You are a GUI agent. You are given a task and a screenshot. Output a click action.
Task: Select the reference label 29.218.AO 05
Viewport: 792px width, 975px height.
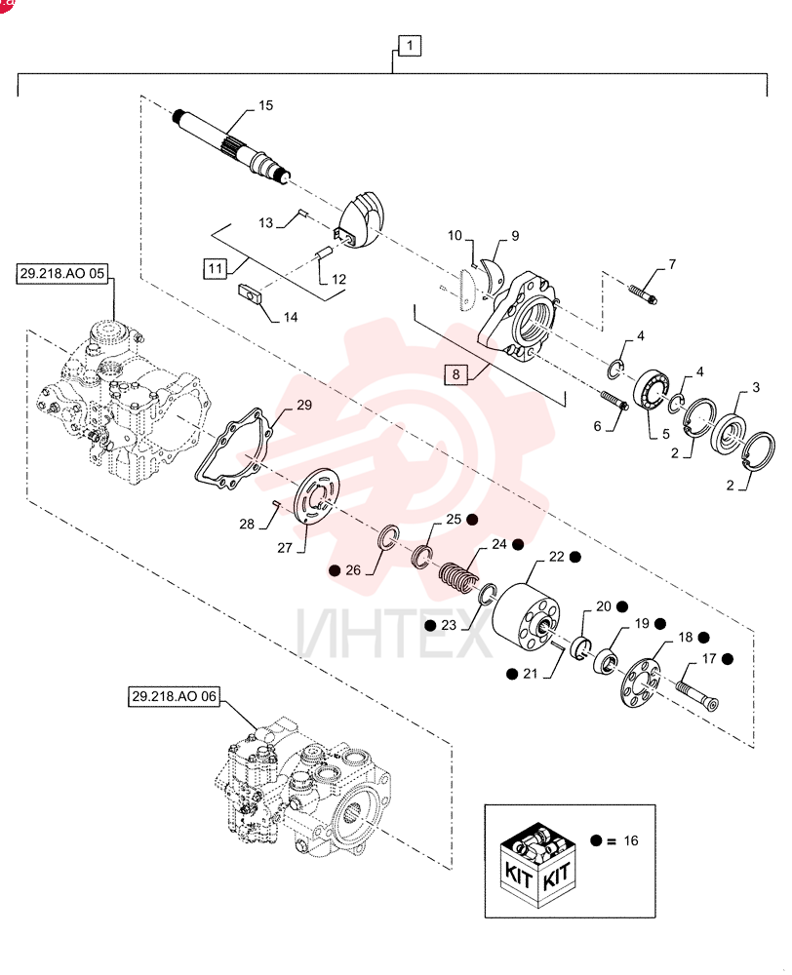(x=61, y=274)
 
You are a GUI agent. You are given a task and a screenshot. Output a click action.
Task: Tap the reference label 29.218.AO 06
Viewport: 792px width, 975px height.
(x=174, y=696)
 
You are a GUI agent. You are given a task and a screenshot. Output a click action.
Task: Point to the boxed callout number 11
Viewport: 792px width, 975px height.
(x=215, y=269)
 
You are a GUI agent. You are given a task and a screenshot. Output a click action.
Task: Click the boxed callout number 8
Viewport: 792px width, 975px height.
(x=456, y=374)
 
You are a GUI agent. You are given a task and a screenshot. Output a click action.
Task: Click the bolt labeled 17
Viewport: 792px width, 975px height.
(x=696, y=694)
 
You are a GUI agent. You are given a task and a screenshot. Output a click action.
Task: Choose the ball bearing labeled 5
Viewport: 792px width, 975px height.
(x=652, y=389)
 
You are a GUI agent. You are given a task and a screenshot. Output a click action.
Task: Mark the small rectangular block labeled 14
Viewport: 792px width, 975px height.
(x=252, y=293)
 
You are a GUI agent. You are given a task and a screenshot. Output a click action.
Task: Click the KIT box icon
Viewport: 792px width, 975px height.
(x=536, y=862)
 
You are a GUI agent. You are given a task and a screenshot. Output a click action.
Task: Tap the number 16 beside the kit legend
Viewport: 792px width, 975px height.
(x=631, y=840)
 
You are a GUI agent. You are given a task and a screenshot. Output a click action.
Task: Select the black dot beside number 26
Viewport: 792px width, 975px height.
(x=336, y=569)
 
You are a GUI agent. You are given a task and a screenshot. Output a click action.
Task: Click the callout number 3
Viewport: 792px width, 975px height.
(x=756, y=387)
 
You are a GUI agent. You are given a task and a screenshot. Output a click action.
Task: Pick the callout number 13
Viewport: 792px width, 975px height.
(x=265, y=222)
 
